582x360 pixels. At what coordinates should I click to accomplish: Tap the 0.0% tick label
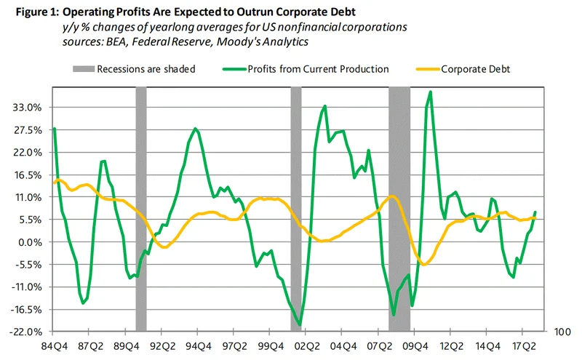point(31,242)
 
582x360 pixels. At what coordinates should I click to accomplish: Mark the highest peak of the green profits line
point(431,92)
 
